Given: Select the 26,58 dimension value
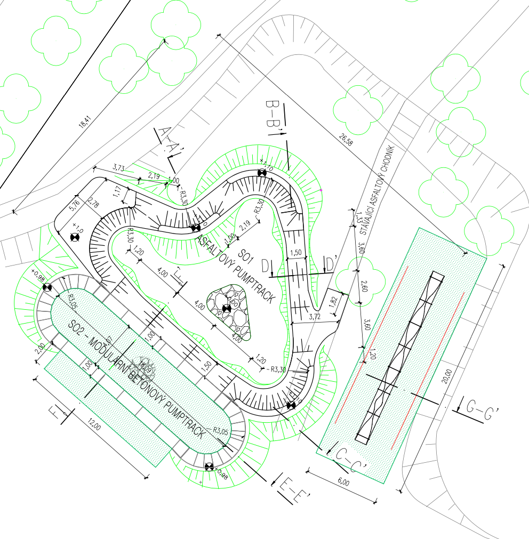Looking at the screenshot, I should tap(346, 140).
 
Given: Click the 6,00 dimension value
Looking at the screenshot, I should tap(343, 483).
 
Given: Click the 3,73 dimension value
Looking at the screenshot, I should tap(118, 167).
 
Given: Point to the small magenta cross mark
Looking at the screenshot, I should tap(321, 189).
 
